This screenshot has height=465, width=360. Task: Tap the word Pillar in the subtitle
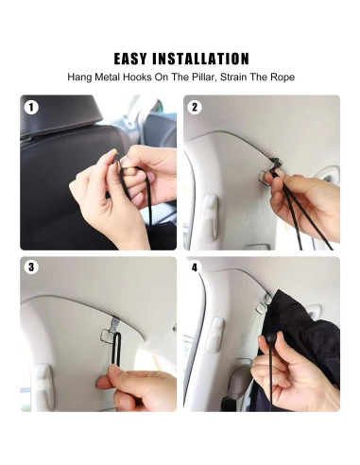pos(203,77)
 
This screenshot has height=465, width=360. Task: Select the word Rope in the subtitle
pos(283,77)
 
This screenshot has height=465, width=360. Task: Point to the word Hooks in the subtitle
pos(137,77)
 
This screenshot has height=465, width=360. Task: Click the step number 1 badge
pos(31,108)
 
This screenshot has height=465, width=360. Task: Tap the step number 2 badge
pos(195,108)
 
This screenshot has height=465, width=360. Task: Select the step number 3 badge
pos(31,267)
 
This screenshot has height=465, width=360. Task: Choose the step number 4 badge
pos(195,267)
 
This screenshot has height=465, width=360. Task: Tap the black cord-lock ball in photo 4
pos(269,339)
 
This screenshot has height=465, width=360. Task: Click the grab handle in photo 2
pos(210,217)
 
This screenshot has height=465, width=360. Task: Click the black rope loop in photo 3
pos(116,349)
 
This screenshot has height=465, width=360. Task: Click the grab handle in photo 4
pos(215,335)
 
